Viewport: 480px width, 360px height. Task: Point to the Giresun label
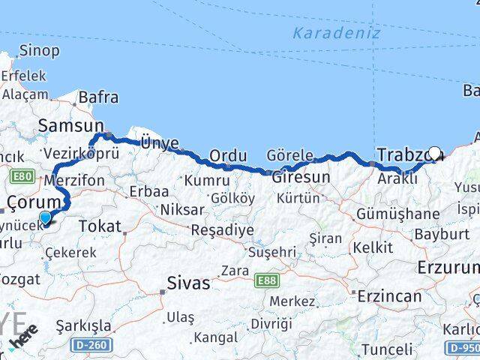[300, 178]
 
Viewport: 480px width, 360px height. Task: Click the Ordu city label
[228, 155]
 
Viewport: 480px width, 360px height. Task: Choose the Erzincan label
[390, 295]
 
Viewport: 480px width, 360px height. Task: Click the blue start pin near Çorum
[46, 218]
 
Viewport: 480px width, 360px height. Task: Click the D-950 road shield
[463, 348]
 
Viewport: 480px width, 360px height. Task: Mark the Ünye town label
[160, 143]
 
